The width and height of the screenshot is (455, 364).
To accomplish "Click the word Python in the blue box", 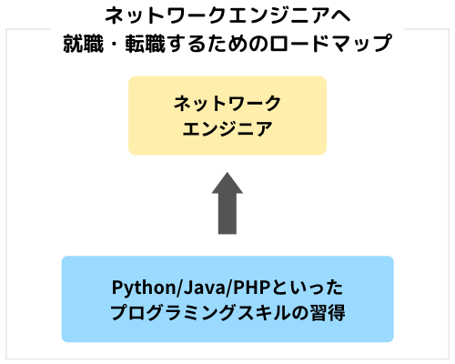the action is (x=144, y=288).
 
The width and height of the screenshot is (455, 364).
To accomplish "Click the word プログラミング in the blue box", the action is (x=174, y=312).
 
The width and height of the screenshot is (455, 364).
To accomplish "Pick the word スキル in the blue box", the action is (x=264, y=312).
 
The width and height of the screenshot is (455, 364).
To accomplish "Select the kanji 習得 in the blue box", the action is (x=327, y=313).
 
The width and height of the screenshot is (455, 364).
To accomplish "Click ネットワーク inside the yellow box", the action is (x=227, y=103).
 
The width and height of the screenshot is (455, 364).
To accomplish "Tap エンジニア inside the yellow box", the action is (x=227, y=128).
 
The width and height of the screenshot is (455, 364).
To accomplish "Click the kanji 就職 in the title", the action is (x=83, y=44).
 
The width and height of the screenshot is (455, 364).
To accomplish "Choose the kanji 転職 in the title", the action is (x=145, y=44).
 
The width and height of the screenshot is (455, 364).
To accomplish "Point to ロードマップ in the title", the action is (x=330, y=44).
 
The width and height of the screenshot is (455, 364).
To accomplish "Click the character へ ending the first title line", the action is (x=340, y=15).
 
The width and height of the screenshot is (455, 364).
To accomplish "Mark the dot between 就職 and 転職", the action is (x=114, y=44).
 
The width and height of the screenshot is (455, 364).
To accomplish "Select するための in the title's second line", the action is (x=217, y=44).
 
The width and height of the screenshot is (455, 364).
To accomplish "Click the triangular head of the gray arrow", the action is (x=227, y=183).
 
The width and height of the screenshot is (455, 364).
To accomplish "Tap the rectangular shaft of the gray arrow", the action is (x=227, y=214).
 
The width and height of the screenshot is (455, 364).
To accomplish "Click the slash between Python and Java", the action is (x=179, y=288).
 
